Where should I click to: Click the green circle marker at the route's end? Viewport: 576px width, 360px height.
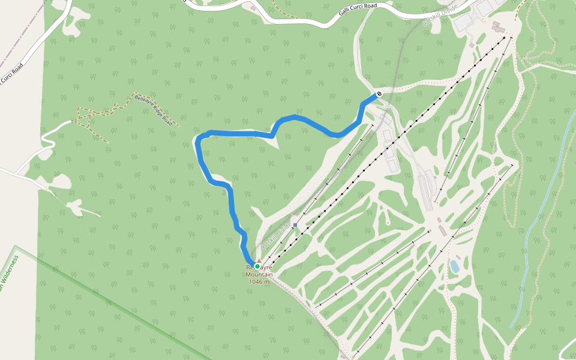pos(257,266)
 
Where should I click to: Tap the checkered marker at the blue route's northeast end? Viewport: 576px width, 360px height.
pos(379,94)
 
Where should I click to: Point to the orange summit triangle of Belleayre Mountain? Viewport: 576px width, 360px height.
pos(259,261)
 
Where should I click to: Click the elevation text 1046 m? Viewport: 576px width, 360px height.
pos(259,282)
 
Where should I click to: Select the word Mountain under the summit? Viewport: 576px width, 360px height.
pos(259,275)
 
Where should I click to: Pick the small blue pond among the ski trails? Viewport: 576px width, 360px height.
pos(455,265)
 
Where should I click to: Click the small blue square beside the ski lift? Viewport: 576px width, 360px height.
pos(295,225)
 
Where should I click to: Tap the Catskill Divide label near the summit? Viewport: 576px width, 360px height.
pos(277,235)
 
